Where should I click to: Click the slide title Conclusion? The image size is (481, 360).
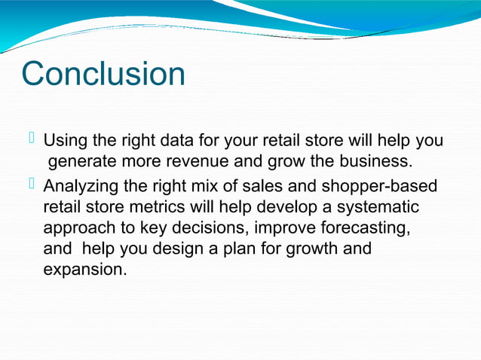click(103, 75)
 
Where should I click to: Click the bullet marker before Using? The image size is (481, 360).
click(32, 139)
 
